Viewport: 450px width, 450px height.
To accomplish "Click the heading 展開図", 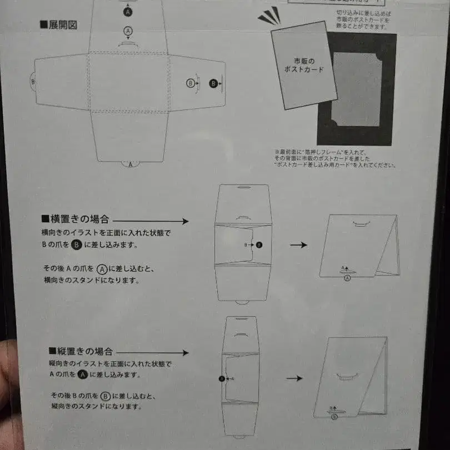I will (58, 24).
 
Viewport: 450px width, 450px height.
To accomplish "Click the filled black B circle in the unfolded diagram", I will (213, 83).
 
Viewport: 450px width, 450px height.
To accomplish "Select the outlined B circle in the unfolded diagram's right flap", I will (191, 83).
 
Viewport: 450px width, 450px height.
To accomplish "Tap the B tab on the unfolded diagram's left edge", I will (32, 81).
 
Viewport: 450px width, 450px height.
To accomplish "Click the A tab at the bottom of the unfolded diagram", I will (131, 164).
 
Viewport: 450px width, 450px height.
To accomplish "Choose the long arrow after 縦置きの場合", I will (153, 352).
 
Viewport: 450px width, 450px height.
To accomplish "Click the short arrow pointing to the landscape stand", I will (299, 244).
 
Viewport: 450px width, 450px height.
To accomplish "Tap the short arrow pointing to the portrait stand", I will (294, 378).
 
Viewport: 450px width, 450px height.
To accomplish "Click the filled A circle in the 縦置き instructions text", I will (82, 374).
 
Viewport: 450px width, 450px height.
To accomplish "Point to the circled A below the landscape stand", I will (348, 278).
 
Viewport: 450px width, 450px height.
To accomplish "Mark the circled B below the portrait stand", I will (334, 416).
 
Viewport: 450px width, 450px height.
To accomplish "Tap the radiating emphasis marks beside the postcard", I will (269, 17).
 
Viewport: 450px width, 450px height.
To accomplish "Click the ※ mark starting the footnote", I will (276, 151).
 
